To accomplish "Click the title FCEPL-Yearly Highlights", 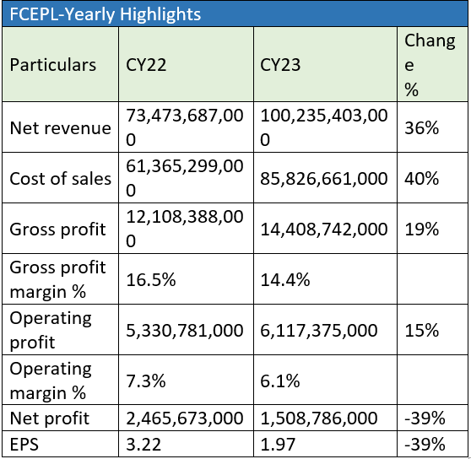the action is tap(106, 14).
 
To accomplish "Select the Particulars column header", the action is tap(53, 65).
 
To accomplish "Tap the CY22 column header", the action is tap(146, 65).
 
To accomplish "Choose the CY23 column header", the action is tap(280, 65).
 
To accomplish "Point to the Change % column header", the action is tap(430, 65).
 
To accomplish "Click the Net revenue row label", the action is tap(61, 128).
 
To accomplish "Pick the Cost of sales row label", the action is tap(61, 179).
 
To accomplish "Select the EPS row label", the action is tap(24, 445).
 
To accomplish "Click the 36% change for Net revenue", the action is tap(422, 128).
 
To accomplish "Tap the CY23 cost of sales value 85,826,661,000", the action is tap(324, 179).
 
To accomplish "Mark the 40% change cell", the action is tap(422, 179).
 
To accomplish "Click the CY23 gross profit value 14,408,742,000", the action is tap(324, 229).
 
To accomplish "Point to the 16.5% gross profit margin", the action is tap(151, 280).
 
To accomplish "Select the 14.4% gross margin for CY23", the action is tap(285, 280).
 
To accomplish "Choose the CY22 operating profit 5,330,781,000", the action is tap(185, 331).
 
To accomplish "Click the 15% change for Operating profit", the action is tap(422, 331).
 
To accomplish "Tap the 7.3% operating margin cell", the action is tap(146, 381).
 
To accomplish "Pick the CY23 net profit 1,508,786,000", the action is tap(319, 418).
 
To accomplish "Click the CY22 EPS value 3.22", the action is tap(143, 445).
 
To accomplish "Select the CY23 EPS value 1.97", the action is tap(278, 445).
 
